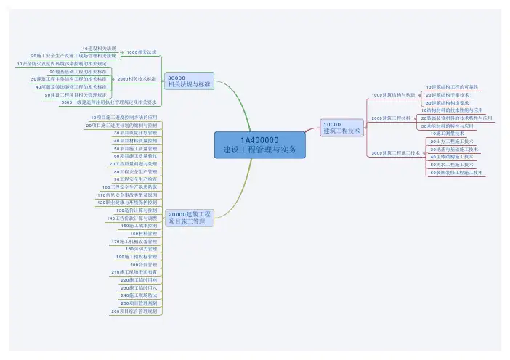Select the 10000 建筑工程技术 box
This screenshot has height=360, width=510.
tap(342, 128)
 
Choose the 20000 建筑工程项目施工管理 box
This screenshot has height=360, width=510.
tap(190, 218)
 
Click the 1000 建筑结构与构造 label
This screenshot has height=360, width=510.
tap(393, 94)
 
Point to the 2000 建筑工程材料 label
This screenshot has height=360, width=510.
tap(391, 118)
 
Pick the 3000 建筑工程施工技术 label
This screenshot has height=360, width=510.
tap(396, 153)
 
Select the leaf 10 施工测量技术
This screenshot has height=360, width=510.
tap(448, 134)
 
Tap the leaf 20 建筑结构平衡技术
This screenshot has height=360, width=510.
tap(448, 95)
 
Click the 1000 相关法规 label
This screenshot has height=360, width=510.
tap(142, 52)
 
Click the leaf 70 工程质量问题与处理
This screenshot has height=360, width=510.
tap(132, 164)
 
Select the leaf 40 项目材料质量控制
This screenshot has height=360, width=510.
tap(134, 141)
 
